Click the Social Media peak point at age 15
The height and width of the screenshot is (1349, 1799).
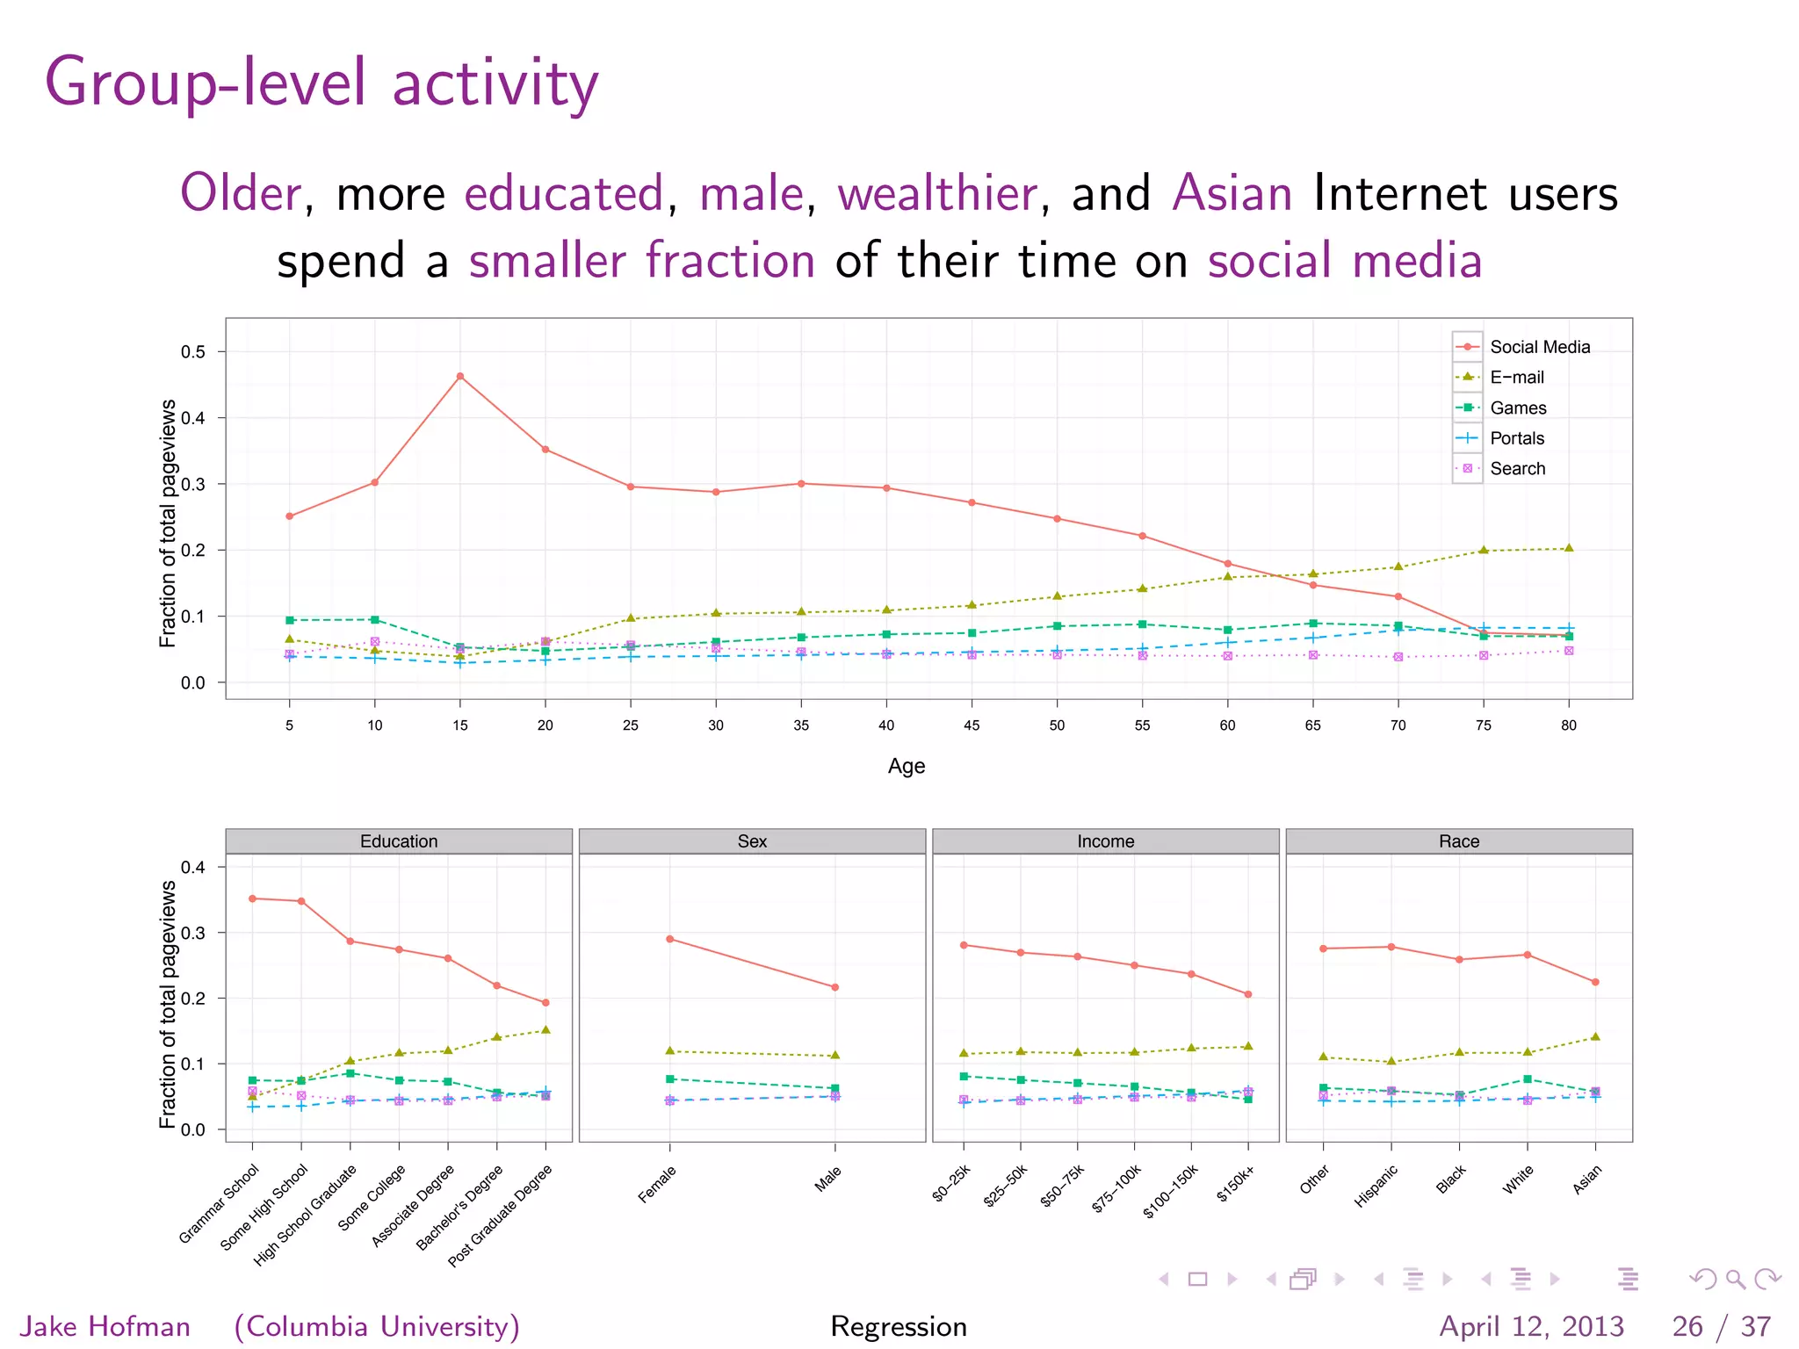[x=460, y=376]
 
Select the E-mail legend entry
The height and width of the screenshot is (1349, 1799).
[x=1516, y=377]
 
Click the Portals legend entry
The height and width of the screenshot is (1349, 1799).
[x=1516, y=438]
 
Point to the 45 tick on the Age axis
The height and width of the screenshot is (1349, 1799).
[x=972, y=725]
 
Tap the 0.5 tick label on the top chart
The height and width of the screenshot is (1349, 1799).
[x=193, y=352]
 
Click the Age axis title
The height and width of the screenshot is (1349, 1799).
[x=906, y=766]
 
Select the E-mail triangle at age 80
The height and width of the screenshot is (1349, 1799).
[x=1569, y=548]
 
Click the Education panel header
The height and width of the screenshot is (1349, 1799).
[x=399, y=840]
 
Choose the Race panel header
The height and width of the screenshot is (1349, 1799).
[x=1458, y=840]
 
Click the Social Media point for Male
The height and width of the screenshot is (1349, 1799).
[x=834, y=987]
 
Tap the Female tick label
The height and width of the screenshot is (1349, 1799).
[x=657, y=1184]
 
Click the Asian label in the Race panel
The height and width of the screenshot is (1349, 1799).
[x=1586, y=1179]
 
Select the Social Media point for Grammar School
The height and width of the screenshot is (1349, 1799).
[x=252, y=898]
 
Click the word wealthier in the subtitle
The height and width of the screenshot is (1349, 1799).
[x=937, y=193]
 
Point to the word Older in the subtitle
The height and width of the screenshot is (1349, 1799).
[x=241, y=193]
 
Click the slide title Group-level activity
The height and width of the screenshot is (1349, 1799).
[x=322, y=83]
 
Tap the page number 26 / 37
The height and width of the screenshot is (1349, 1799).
[x=1721, y=1325]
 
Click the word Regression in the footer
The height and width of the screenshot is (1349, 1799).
[x=898, y=1325]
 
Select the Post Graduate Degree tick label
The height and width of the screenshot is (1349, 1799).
[x=500, y=1216]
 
